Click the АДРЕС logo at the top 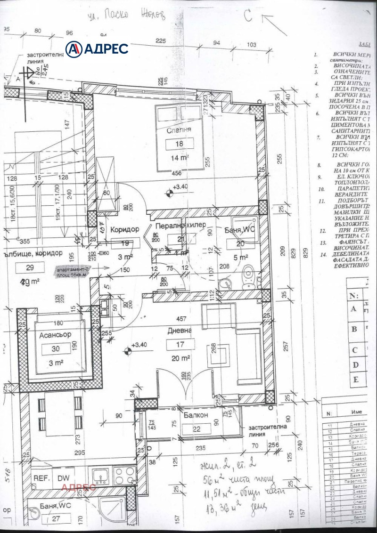pyautogui.click(x=97, y=48)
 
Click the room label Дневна pyautogui.click(x=180, y=331)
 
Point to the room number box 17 pyautogui.click(x=180, y=344)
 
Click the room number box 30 pyautogui.click(x=55, y=349)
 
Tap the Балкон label pyautogui.click(x=195, y=416)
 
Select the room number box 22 pyautogui.click(x=195, y=428)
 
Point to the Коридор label pyautogui.click(x=124, y=229)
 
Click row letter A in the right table pyautogui.click(x=353, y=309)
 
